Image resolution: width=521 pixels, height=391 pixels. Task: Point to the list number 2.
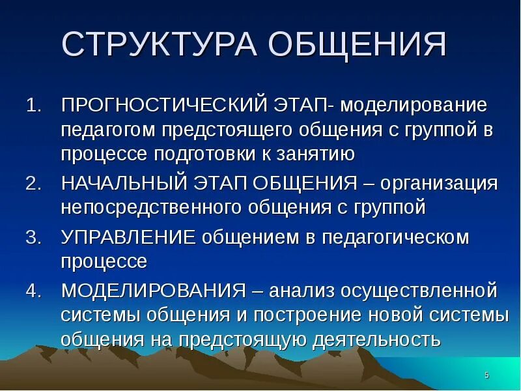[x=33, y=183]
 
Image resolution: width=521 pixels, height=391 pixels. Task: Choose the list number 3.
[x=33, y=237]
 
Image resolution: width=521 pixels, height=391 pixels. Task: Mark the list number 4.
[x=33, y=290]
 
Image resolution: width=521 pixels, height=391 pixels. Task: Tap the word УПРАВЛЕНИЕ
[x=128, y=237]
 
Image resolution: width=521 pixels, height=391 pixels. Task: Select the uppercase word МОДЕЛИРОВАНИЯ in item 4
[x=154, y=290]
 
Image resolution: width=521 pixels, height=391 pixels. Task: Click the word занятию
[x=315, y=154]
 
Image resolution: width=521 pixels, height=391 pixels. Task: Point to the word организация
[x=439, y=183]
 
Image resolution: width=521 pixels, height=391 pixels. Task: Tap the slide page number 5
[x=487, y=375]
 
